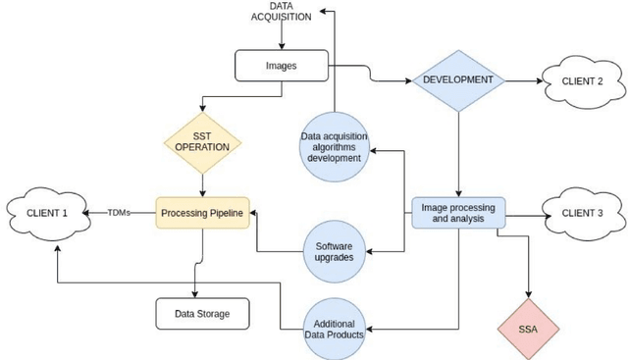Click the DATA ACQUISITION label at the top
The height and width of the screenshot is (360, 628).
[x=283, y=12]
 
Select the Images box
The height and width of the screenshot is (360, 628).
[x=283, y=67]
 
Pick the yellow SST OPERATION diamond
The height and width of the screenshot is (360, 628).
[x=202, y=140]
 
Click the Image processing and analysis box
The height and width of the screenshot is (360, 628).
[x=457, y=213]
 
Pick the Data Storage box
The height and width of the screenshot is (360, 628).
[x=202, y=313]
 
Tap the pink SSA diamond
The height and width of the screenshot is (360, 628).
[x=531, y=326]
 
